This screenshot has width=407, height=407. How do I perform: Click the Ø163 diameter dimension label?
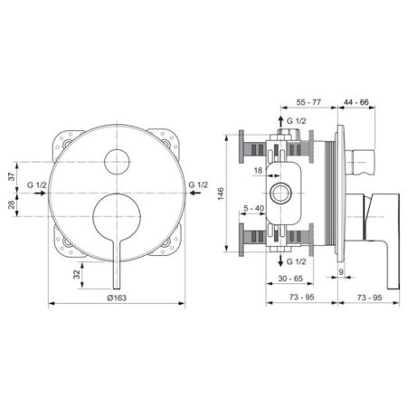click(x=117, y=298)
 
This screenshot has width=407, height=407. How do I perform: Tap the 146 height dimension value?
click(x=221, y=194)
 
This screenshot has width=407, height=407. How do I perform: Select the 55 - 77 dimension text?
click(x=308, y=102)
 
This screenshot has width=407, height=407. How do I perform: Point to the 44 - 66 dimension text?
click(x=356, y=102)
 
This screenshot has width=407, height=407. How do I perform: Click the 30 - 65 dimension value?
click(x=290, y=279)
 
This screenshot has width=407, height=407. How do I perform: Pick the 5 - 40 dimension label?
click(x=253, y=208)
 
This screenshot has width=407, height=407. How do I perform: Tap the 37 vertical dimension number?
click(x=12, y=176)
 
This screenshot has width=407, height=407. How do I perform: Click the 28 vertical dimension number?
click(x=12, y=204)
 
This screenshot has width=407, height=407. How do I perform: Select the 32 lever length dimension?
click(x=77, y=274)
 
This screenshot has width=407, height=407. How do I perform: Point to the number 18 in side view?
click(x=258, y=170)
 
